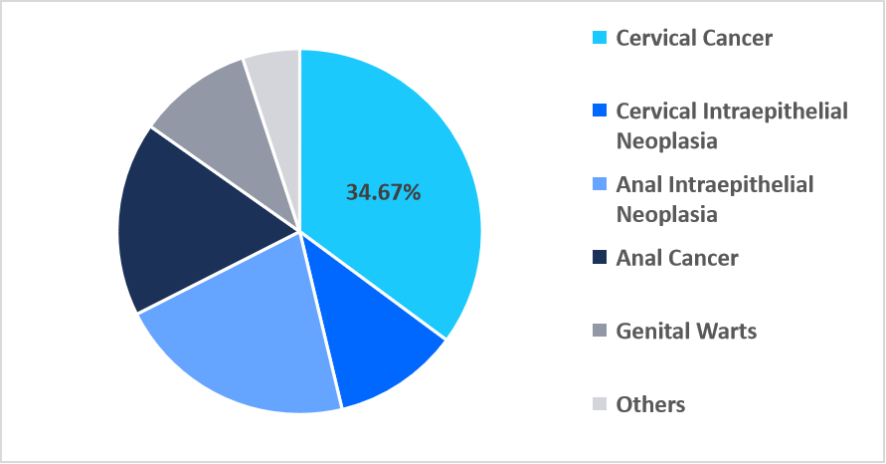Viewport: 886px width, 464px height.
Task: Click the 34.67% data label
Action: (383, 193)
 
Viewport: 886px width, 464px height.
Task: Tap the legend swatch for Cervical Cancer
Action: (599, 39)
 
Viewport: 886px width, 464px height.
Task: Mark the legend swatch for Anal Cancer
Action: (599, 259)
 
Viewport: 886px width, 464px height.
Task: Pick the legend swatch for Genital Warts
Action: (599, 332)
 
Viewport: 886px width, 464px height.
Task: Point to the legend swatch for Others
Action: (599, 405)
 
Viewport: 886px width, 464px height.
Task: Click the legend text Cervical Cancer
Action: (694, 39)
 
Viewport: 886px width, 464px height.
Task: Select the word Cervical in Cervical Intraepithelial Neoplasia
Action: (656, 112)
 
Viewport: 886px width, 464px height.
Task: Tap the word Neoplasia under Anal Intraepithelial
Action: (666, 214)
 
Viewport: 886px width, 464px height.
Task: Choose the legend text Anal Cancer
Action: (677, 259)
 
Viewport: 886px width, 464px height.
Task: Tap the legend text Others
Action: (650, 405)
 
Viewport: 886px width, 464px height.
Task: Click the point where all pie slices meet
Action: (299, 232)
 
